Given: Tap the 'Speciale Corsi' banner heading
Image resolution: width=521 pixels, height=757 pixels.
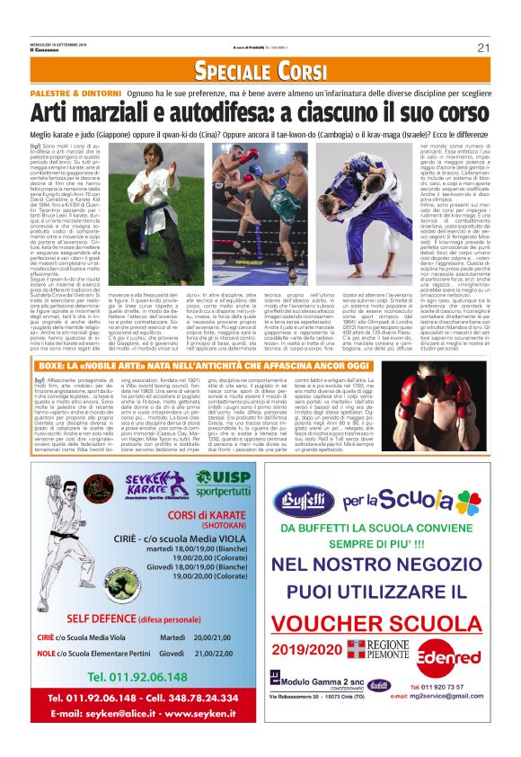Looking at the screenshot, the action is [x=260, y=71].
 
